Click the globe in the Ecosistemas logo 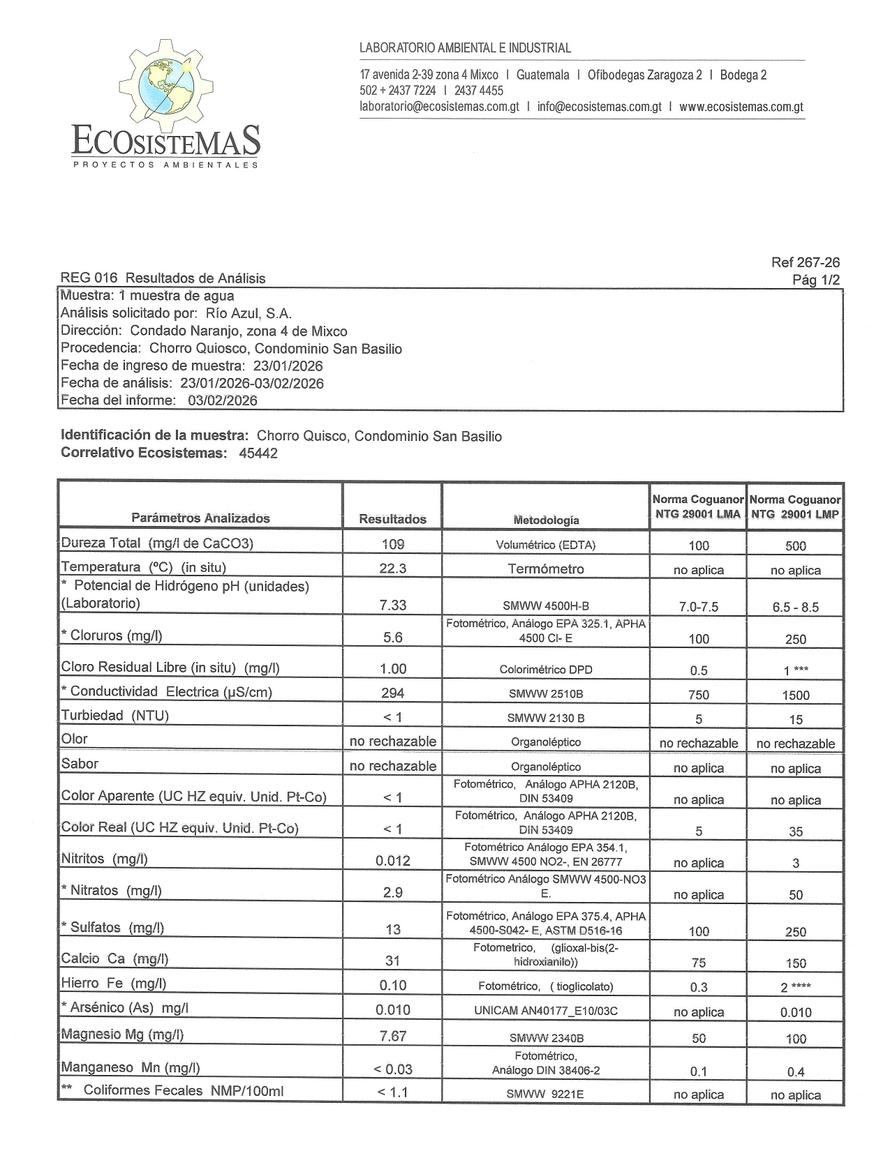point(166,86)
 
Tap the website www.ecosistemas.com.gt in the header point(741,107)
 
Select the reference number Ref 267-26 point(805,262)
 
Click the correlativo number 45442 point(258,453)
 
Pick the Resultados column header point(392,519)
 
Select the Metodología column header point(546,520)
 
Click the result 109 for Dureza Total point(392,544)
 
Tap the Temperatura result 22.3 point(392,569)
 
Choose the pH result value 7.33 point(392,605)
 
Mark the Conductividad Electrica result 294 point(392,693)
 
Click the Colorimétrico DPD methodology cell point(546,670)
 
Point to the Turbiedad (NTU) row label point(115,715)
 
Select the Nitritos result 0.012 point(392,861)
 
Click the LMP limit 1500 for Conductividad point(796,695)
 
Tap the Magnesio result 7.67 point(392,1036)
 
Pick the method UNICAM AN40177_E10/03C point(546,1011)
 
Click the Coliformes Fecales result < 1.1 point(392,1092)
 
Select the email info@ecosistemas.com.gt point(599,107)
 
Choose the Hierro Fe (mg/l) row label point(114,984)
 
